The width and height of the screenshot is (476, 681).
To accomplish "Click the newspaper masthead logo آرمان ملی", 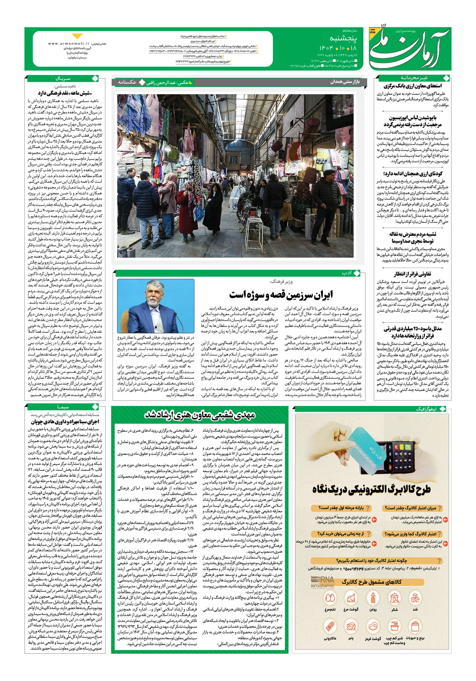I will tap(409, 48).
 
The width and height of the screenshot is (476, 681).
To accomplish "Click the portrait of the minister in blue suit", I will tap(155, 306).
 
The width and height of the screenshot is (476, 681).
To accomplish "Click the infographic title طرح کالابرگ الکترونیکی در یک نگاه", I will tap(371, 489).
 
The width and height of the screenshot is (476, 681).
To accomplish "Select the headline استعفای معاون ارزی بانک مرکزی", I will tap(412, 86).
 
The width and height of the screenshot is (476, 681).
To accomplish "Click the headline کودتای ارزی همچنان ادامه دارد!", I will tap(412, 174).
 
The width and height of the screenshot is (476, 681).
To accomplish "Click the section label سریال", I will tap(63, 79).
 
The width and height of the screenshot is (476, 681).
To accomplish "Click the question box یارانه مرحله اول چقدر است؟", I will tap(341, 508).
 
